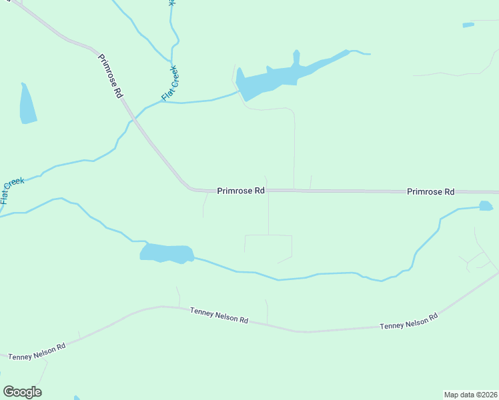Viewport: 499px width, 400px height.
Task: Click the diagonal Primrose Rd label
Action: point(111,76)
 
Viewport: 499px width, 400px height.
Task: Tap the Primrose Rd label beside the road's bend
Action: point(241,191)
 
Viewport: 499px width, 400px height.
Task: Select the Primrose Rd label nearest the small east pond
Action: point(430,191)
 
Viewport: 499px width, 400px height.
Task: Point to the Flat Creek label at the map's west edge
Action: point(12,189)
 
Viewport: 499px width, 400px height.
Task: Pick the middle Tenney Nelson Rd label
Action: point(219,315)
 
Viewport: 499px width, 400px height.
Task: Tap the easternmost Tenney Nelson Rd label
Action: point(408,321)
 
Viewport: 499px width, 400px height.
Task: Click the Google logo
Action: point(22,392)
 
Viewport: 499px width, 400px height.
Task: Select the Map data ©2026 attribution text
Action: point(470,394)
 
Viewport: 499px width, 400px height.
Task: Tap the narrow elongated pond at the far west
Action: point(27,105)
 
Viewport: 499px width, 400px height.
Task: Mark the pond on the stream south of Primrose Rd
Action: point(167,253)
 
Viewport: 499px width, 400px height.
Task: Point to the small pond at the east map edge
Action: point(486,206)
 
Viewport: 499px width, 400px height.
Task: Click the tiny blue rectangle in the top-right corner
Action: point(468,25)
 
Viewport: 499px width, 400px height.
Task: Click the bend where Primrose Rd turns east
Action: point(190,187)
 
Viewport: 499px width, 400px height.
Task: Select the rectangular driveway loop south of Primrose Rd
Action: point(268,245)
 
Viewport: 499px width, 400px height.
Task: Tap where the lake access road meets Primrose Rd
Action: point(294,190)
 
